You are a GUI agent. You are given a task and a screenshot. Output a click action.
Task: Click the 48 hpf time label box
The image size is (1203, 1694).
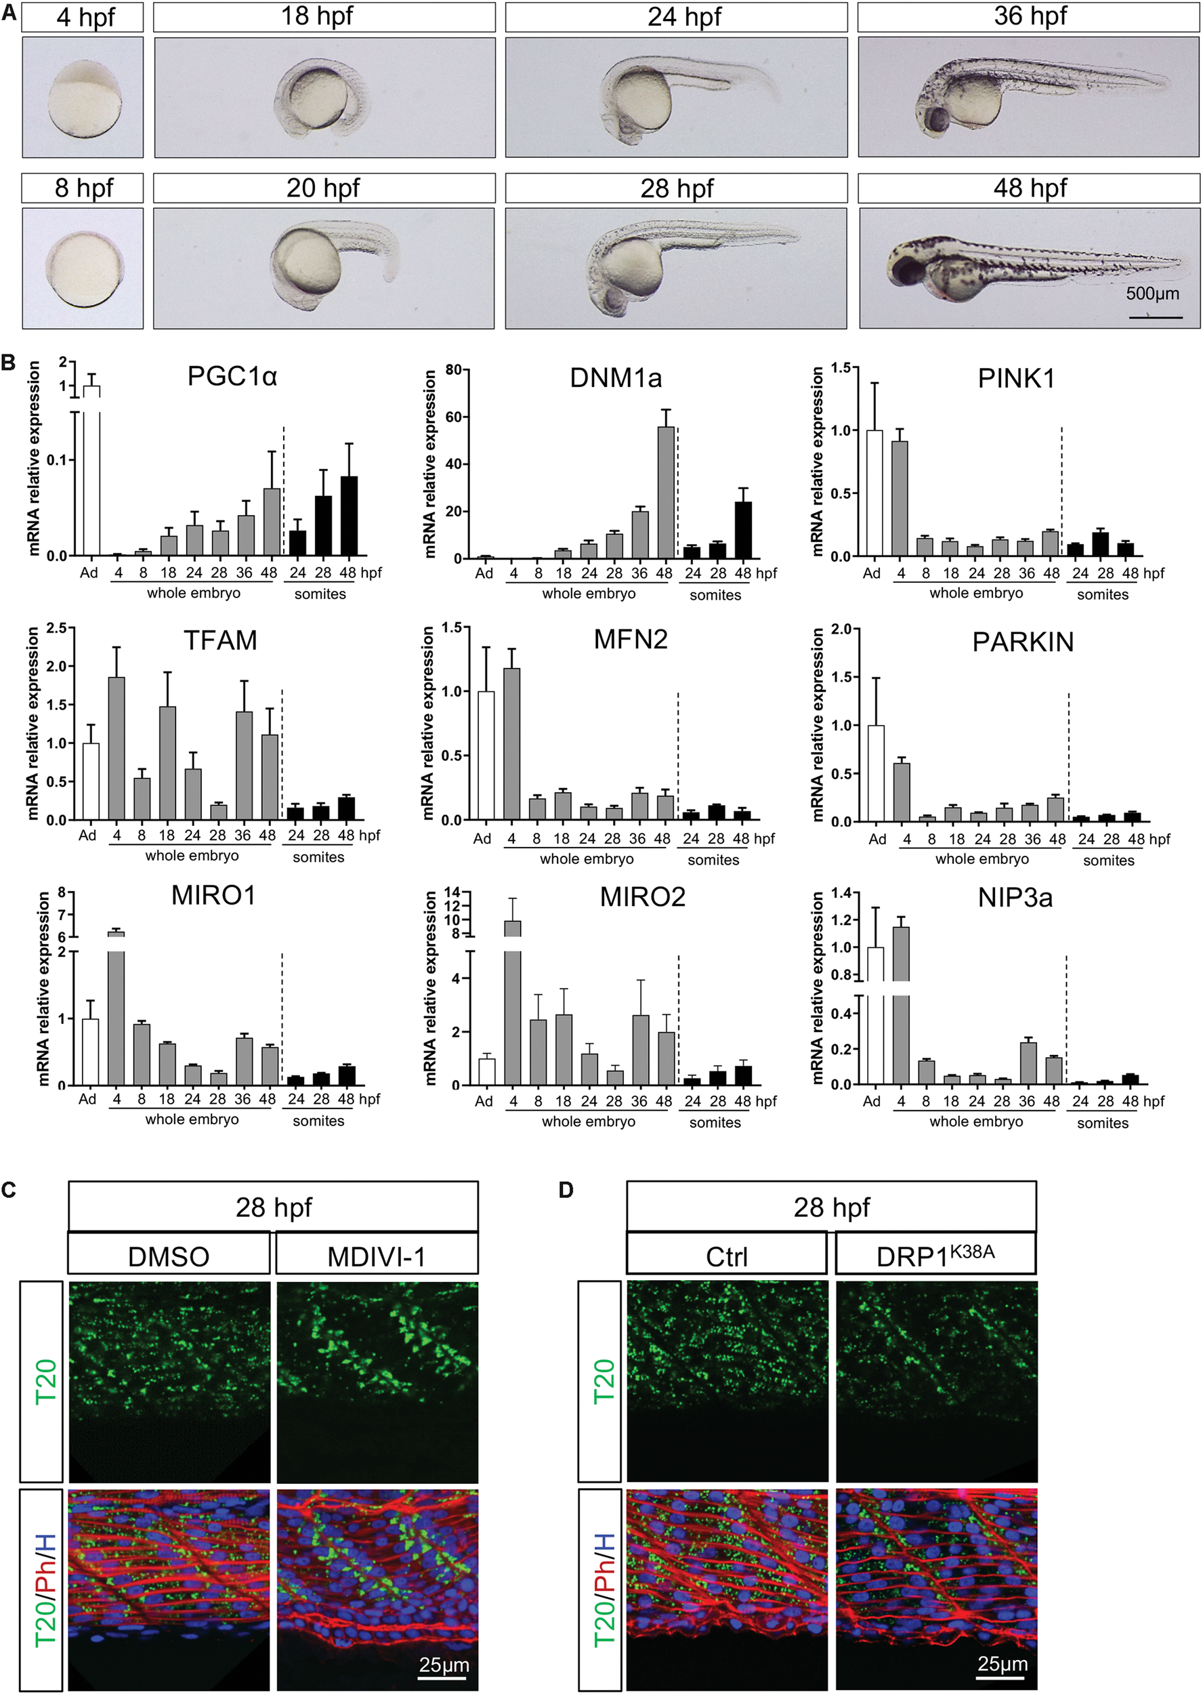point(1029,188)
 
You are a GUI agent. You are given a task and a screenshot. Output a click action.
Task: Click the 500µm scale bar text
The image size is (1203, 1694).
point(1152,293)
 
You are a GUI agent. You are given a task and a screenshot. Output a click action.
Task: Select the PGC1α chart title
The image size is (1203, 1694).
point(232,377)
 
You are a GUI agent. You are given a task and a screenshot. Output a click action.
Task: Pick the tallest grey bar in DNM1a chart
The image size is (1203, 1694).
point(665,492)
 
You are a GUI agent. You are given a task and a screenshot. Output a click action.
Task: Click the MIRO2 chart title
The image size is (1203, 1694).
point(642,897)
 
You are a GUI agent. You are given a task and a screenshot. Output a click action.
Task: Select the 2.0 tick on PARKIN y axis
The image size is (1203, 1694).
point(840,629)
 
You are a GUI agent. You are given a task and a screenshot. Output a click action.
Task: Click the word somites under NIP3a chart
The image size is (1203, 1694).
point(1102,1123)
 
